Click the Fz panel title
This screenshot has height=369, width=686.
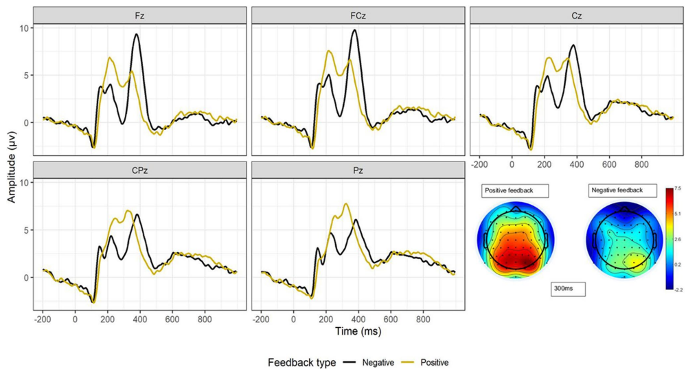tap(139, 15)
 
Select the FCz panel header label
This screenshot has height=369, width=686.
tap(357, 15)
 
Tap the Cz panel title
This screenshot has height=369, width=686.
tap(575, 15)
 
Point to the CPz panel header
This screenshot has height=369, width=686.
tap(139, 169)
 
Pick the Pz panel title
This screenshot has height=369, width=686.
tap(357, 169)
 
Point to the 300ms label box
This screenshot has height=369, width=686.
tap(567, 289)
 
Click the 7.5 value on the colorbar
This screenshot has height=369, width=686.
tap(677, 188)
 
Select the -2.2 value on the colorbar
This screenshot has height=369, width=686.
tap(677, 290)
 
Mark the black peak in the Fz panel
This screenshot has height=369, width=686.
tap(137, 34)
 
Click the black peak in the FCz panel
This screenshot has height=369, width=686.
tap(354, 30)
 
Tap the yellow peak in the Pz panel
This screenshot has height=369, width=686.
tap(345, 203)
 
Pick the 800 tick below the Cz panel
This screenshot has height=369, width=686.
tap(641, 166)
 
